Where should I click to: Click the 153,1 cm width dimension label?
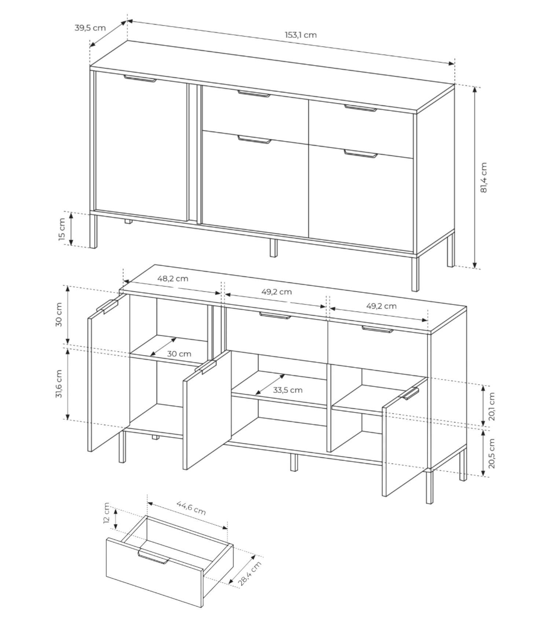pyautogui.click(x=301, y=35)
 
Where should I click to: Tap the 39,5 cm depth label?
pyautogui.click(x=90, y=27)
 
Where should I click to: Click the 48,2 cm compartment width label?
pyautogui.click(x=173, y=279)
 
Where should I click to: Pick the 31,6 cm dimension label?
pyautogui.click(x=59, y=383)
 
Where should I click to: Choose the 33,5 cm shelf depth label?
pyautogui.click(x=288, y=390)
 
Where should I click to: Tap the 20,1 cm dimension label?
pyautogui.click(x=492, y=407)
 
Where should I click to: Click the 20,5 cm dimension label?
pyautogui.click(x=492, y=453)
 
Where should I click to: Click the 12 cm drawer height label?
pyautogui.click(x=106, y=513)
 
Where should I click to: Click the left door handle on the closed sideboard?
pyautogui.click(x=140, y=79)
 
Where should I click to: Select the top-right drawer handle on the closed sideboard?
pyautogui.click(x=360, y=108)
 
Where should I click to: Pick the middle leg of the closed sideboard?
pyautogui.click(x=274, y=248)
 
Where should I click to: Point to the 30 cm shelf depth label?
pyautogui.click(x=179, y=354)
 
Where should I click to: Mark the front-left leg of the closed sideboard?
pyautogui.click(x=93, y=231)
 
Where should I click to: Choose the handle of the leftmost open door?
pyautogui.click(x=106, y=307)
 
